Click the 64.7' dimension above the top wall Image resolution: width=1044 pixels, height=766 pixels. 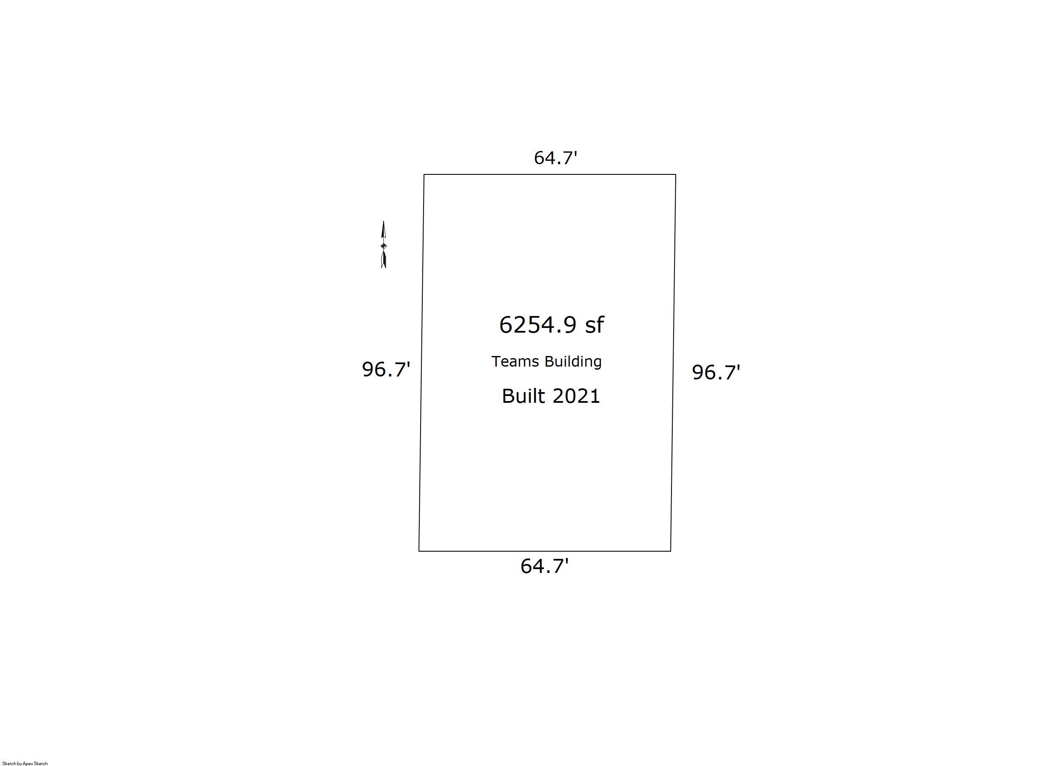555,158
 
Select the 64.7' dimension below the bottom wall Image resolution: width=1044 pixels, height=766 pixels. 544,566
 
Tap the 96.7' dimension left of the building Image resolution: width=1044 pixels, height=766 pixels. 386,370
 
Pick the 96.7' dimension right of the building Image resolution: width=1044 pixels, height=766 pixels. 716,372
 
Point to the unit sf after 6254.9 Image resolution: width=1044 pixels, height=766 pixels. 595,325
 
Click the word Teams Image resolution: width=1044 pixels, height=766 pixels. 515,361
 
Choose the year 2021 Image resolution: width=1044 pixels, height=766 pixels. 576,396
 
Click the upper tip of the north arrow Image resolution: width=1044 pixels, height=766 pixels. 384,221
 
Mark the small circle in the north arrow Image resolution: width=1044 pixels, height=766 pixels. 384,246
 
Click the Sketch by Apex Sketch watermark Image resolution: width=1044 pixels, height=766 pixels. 25,763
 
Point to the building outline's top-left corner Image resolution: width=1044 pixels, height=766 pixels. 424,175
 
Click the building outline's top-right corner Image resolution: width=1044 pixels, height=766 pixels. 675,175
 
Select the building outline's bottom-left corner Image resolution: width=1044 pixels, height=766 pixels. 419,551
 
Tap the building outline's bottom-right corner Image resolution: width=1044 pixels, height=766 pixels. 670,551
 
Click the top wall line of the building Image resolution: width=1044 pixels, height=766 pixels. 550,175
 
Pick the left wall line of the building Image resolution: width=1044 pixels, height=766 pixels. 421,363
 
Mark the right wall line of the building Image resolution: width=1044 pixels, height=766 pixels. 673,363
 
